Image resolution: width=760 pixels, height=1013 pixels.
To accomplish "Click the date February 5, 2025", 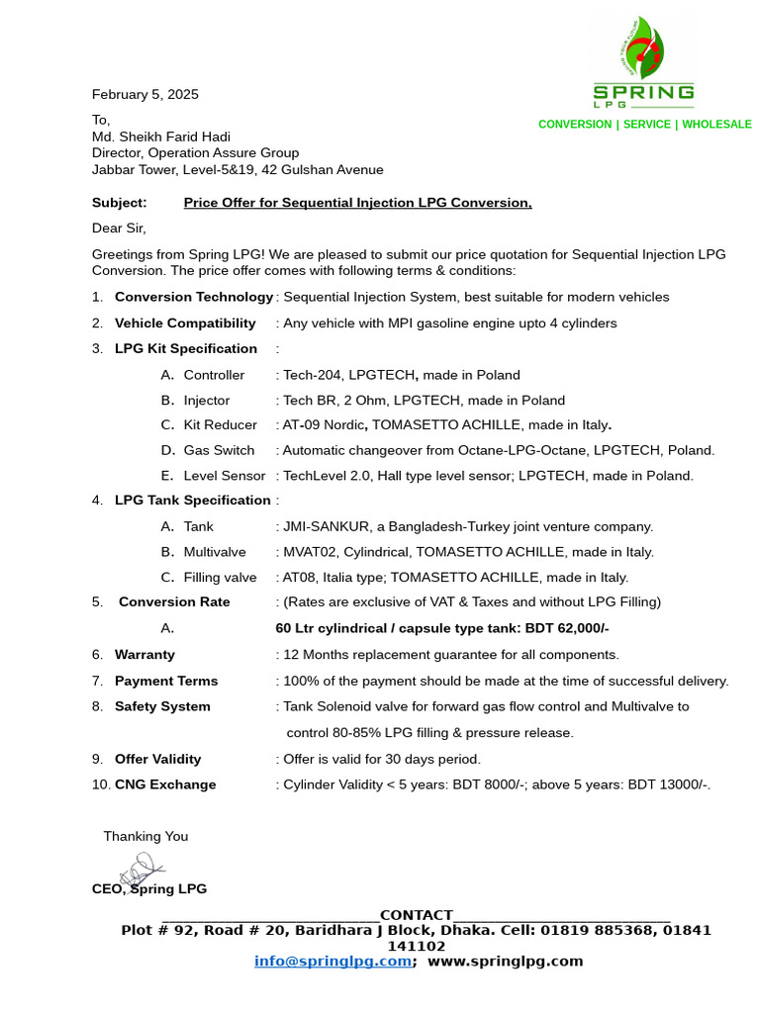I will click(144, 95).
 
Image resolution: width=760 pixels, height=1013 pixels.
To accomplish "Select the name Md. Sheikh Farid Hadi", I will click(160, 137).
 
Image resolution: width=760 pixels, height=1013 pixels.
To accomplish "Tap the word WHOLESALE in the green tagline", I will click(716, 125).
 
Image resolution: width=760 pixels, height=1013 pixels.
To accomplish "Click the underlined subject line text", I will click(357, 203).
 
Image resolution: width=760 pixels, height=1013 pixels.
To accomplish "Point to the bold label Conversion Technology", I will click(193, 297).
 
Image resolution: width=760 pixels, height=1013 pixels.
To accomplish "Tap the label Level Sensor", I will click(225, 476).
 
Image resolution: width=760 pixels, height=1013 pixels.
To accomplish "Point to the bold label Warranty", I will click(144, 655).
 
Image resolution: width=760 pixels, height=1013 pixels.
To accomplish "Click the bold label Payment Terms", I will click(166, 681).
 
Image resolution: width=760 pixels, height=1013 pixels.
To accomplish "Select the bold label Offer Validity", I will click(157, 759).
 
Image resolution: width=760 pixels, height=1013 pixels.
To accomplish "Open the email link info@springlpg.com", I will click(332, 961).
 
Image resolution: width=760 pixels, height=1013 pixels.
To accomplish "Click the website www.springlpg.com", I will click(505, 961).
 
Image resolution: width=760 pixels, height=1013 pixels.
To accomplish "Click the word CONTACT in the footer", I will click(416, 915).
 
